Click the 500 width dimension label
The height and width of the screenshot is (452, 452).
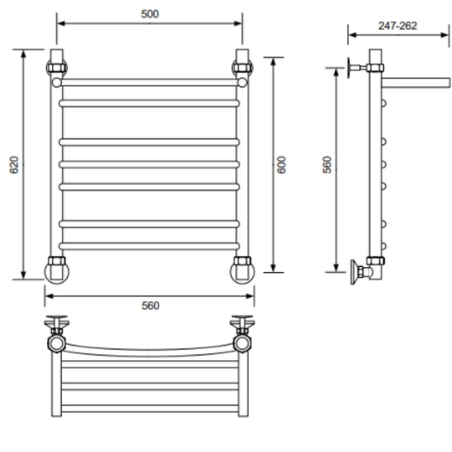click(x=150, y=14)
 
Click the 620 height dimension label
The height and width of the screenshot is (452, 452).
click(x=14, y=165)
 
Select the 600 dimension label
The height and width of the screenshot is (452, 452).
click(x=281, y=165)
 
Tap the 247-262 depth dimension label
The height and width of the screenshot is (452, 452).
click(x=398, y=26)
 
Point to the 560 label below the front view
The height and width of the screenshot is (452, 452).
click(x=151, y=306)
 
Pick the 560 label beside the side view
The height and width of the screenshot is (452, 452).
click(x=327, y=165)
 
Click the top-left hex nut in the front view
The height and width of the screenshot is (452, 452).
click(x=57, y=68)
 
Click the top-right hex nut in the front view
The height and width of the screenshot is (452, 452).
click(x=242, y=68)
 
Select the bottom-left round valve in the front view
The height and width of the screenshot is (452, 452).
click(x=57, y=271)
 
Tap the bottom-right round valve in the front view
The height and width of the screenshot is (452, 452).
click(x=243, y=271)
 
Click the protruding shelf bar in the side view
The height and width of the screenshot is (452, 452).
click(x=416, y=82)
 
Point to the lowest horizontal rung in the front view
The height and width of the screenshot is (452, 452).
click(x=149, y=246)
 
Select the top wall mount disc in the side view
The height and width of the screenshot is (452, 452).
click(x=349, y=68)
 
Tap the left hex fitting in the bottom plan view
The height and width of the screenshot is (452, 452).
click(x=57, y=343)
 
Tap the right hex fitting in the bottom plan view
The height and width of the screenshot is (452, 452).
click(x=243, y=343)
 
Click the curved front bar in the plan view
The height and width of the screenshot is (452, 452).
click(x=149, y=352)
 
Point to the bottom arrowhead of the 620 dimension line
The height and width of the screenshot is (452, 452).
click(x=23, y=275)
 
